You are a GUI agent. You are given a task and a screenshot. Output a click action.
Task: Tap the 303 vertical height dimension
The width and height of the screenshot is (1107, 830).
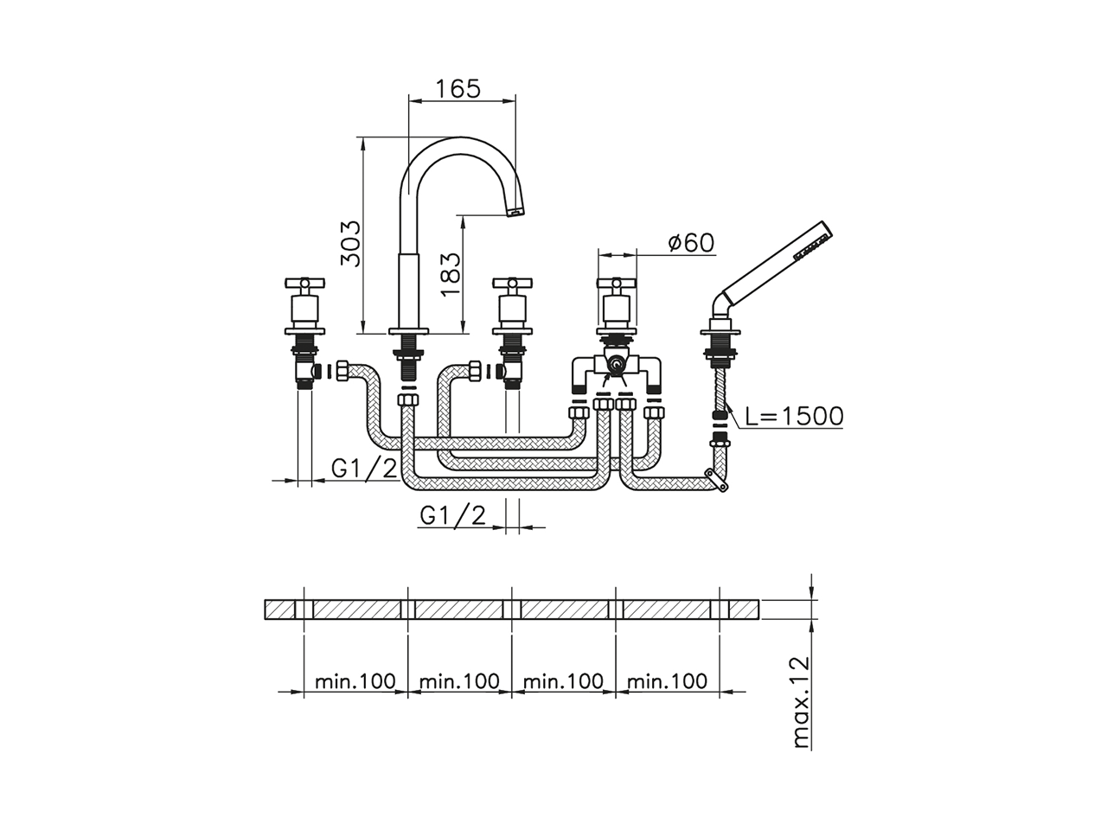(x=349, y=243)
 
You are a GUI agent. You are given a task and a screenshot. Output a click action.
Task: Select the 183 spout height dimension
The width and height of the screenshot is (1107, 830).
(x=451, y=274)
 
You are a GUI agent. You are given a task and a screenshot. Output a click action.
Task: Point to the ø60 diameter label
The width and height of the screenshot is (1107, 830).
(x=691, y=243)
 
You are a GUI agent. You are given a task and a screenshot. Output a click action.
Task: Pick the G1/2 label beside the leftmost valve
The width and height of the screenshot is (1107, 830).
(x=364, y=468)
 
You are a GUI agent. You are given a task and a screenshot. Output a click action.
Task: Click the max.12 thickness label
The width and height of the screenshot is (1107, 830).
(x=801, y=701)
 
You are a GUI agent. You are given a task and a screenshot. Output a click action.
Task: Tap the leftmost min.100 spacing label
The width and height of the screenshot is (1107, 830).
(x=355, y=681)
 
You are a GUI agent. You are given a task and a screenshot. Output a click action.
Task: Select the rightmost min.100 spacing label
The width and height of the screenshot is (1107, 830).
(x=667, y=681)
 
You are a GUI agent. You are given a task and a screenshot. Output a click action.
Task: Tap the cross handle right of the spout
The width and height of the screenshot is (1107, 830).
(x=511, y=283)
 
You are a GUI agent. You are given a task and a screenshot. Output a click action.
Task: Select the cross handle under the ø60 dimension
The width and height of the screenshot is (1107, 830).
(x=617, y=283)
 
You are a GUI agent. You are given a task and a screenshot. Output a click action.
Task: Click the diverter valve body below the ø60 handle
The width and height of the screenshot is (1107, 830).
(x=616, y=367)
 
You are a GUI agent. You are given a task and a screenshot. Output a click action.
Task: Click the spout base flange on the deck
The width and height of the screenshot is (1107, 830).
(x=409, y=331)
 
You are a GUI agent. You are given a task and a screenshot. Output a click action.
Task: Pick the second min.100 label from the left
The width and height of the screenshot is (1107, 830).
(x=459, y=681)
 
